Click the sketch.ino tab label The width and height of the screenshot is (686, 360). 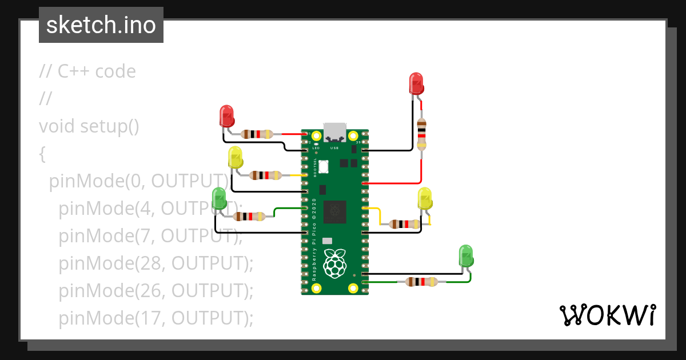coord(101,25)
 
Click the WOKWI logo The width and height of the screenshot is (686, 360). coord(607,315)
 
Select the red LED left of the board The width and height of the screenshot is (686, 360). coord(227,116)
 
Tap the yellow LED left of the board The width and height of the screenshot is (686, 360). coord(235,157)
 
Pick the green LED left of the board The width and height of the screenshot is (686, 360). coord(219,198)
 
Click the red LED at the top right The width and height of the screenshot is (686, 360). coord(416,83)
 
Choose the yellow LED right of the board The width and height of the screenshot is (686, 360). coord(425,198)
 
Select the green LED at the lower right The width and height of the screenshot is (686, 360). coord(466,255)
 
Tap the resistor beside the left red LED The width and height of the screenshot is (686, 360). coord(257,134)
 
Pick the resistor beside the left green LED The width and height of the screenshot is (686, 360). coord(249,217)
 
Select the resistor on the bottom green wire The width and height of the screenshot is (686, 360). coord(421,282)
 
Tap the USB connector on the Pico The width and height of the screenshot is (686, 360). coord(335,132)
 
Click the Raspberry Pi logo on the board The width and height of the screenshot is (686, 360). coord(335,264)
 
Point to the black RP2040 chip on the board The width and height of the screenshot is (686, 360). coord(335,213)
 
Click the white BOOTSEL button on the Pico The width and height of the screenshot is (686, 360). coord(323,167)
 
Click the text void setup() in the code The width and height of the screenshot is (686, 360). coord(89,126)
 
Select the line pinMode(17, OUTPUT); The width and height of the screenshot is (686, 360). coord(155,318)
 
